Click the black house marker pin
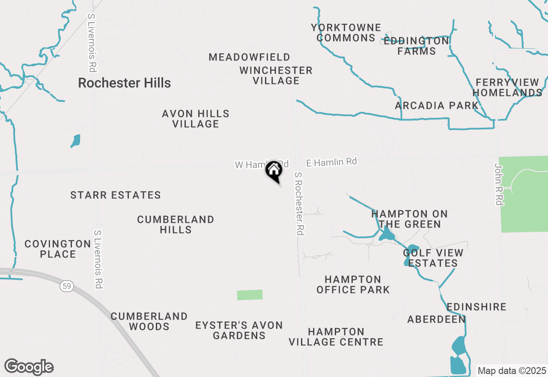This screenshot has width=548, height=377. (x=274, y=171)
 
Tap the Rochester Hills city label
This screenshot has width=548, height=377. (x=125, y=83)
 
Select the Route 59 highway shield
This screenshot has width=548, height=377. (x=66, y=287)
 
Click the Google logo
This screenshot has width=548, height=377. (x=29, y=367)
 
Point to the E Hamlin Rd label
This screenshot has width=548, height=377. (x=331, y=162)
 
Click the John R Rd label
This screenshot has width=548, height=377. (x=499, y=184)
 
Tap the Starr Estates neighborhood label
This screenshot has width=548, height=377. (x=116, y=195)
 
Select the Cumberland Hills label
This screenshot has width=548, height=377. (x=176, y=224)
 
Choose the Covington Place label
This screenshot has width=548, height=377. (x=57, y=249)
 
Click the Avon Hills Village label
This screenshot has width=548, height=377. (x=196, y=119)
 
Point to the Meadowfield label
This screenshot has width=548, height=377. (x=249, y=57)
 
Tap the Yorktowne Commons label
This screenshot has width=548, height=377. (x=346, y=33)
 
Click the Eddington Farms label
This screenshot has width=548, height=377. (x=416, y=46)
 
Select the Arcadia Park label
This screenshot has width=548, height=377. (x=437, y=105)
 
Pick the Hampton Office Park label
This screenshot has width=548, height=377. (x=353, y=284)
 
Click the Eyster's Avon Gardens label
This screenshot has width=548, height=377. (x=239, y=330)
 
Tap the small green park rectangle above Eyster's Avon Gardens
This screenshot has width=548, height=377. (x=250, y=295)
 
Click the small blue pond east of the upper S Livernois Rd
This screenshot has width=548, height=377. (x=76, y=141)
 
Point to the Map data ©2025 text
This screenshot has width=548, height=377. (x=512, y=371)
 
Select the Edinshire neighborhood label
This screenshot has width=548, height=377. (x=477, y=307)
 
